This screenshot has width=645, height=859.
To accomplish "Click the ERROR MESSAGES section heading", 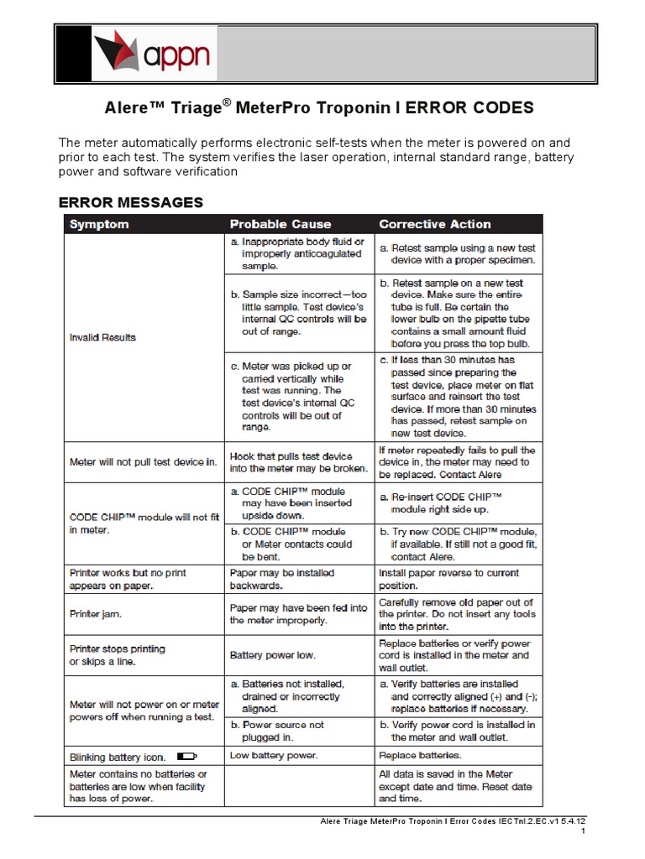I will click(130, 202).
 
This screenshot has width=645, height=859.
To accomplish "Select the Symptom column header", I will click(99, 224).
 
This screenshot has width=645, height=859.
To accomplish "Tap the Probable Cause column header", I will click(281, 224).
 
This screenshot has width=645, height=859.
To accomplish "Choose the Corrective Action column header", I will click(435, 224).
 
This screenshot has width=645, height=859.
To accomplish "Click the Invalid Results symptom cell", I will click(102, 337).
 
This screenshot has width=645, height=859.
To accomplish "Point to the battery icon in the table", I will click(186, 756).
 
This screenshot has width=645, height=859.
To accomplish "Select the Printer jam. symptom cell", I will click(96, 614).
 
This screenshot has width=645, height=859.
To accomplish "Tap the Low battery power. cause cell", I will click(274, 756).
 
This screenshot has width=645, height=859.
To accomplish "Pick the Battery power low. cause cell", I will click(273, 654).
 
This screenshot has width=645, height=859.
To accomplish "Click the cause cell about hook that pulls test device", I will click(298, 462).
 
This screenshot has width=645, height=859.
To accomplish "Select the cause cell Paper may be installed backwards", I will click(281, 579).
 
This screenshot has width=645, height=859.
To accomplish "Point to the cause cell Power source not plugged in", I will click(283, 731).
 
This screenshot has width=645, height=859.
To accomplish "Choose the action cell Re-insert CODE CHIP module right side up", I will click(445, 503).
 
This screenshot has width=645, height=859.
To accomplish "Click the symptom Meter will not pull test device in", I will click(143, 462).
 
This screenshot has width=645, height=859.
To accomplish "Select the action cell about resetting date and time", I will click(456, 787).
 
